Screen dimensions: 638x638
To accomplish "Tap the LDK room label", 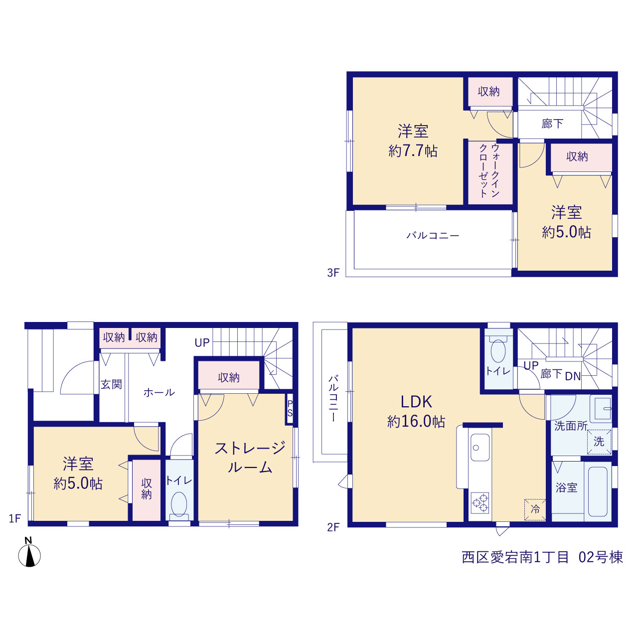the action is [416, 402].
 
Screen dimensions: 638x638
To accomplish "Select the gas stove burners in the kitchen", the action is [479, 503].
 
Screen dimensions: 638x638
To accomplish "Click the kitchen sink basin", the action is [479, 447].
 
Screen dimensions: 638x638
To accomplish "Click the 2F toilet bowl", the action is [498, 350].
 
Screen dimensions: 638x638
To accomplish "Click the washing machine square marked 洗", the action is [599, 442].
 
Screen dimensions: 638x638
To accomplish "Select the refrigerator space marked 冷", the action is [535, 510].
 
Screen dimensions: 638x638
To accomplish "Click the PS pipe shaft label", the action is [290, 408].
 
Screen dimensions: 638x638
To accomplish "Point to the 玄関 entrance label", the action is [111, 384].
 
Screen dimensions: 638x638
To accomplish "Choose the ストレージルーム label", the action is [250, 458].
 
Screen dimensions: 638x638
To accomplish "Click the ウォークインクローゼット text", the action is [489, 170].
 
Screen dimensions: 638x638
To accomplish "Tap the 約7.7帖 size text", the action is [413, 151].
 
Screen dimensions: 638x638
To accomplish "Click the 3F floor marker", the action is [333, 273].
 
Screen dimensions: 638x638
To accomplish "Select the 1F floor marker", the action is [15, 518].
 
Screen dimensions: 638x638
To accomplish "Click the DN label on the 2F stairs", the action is [573, 376].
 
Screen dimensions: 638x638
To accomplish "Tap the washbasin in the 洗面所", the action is [601, 409].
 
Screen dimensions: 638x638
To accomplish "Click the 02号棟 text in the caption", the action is [600, 557].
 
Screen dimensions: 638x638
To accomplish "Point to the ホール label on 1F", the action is [159, 392].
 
